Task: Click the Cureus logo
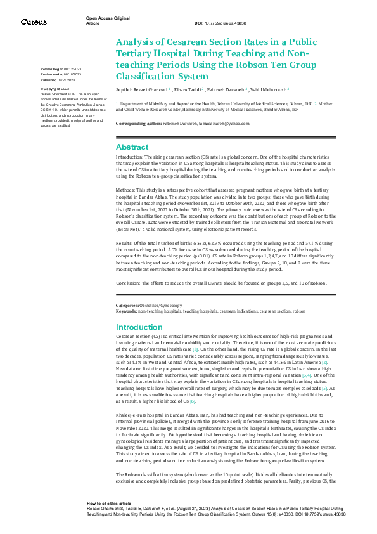coord(34,22)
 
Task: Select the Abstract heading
coord(132,147)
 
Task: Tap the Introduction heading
coord(139,327)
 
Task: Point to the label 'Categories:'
coord(128,305)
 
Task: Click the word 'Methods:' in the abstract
coord(127,190)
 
